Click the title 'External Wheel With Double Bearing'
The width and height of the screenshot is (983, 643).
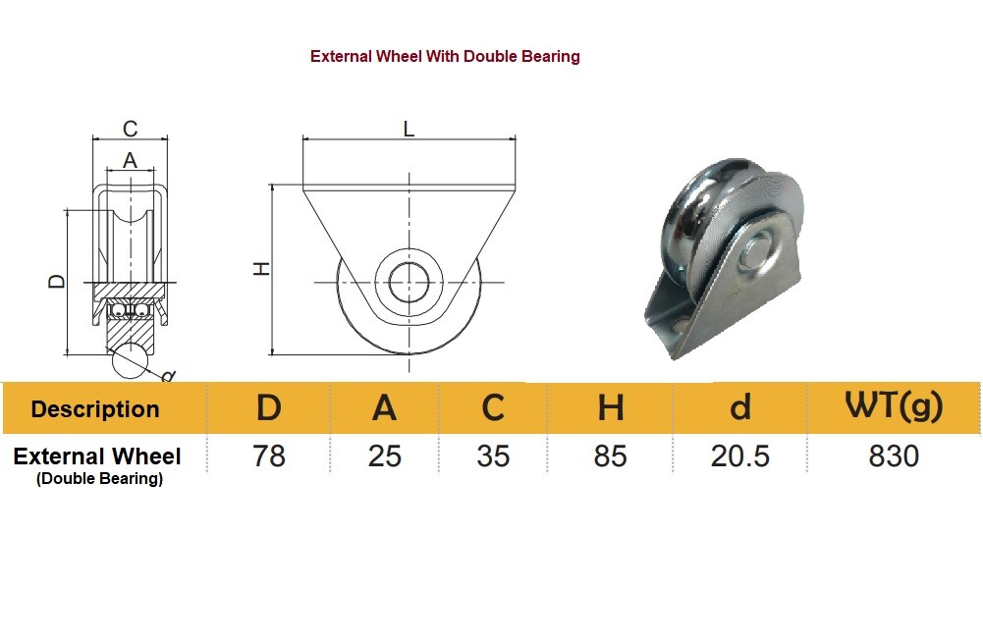(445, 57)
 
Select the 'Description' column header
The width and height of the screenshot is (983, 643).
(95, 409)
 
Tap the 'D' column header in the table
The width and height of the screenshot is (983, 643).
(268, 407)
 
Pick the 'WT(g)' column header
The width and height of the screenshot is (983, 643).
(893, 406)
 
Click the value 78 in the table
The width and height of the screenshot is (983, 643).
(268, 456)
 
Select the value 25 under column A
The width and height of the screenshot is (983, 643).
(384, 456)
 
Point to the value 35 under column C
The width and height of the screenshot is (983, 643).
(493, 456)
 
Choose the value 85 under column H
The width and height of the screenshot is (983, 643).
(610, 456)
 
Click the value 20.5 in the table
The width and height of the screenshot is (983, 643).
(740, 456)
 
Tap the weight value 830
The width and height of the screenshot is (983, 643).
(893, 456)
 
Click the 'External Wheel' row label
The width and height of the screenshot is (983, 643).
(97, 456)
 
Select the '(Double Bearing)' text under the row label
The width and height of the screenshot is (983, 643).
(99, 479)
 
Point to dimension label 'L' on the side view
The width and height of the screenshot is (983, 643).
(409, 129)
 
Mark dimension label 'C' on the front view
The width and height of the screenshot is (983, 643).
(130, 129)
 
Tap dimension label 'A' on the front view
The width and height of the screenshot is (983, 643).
(130, 160)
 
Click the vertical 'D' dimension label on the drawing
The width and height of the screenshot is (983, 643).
(57, 282)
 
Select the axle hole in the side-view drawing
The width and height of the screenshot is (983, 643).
(409, 283)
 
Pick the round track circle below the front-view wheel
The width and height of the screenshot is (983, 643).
(132, 360)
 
